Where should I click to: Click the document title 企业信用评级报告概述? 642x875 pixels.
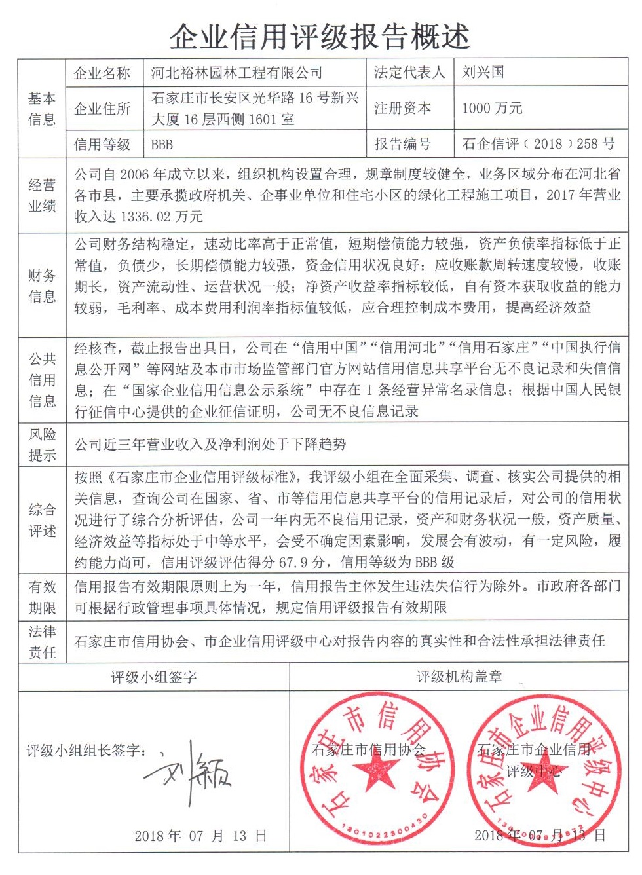(x=320, y=37)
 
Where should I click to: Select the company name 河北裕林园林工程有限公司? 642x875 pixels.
(x=236, y=73)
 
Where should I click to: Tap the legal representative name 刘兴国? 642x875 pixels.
(x=483, y=72)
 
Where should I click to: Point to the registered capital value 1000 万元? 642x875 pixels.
(x=492, y=108)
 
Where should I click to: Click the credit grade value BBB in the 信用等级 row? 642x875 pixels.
(x=162, y=145)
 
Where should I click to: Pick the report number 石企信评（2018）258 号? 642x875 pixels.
(x=538, y=144)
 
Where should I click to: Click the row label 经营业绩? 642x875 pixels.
(x=42, y=195)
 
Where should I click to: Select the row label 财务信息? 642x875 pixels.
(x=42, y=286)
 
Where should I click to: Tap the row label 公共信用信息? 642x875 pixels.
(x=42, y=380)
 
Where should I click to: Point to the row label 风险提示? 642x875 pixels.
(x=42, y=445)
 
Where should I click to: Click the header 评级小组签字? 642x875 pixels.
(x=154, y=677)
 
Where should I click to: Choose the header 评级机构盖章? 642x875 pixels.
(x=459, y=677)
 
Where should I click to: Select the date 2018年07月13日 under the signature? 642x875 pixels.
(x=200, y=836)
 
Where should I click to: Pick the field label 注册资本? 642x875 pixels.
(x=402, y=108)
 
